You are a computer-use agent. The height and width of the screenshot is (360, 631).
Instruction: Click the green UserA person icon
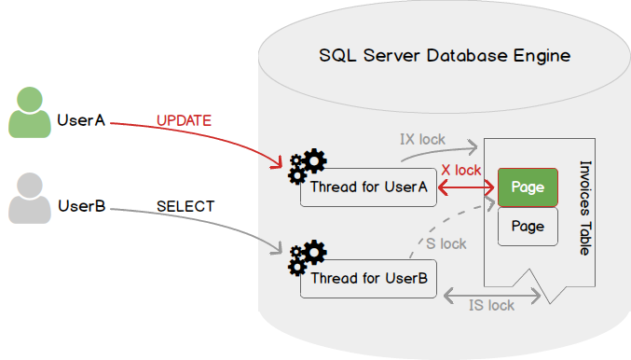click(30, 112)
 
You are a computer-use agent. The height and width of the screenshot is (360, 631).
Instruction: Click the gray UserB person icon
click(30, 198)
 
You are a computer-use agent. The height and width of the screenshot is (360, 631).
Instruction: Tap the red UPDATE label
click(184, 120)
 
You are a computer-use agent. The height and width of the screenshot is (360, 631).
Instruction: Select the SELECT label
click(185, 206)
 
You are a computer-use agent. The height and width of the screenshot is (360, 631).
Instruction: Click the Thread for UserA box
click(368, 187)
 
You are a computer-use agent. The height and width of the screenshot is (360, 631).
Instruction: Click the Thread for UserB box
click(368, 279)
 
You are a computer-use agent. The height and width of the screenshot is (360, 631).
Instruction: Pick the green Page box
click(528, 187)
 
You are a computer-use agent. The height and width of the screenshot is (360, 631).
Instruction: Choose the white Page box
click(528, 227)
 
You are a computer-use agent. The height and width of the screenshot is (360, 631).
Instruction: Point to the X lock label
click(461, 170)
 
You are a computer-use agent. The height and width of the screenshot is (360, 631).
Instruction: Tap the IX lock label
click(422, 139)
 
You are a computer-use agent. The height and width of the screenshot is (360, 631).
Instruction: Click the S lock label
click(446, 243)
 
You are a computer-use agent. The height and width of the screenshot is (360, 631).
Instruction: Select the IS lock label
click(491, 305)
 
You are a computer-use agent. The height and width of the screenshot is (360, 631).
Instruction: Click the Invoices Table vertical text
click(585, 208)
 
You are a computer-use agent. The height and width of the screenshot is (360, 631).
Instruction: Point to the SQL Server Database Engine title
click(445, 56)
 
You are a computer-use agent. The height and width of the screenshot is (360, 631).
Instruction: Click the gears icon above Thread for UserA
click(308, 166)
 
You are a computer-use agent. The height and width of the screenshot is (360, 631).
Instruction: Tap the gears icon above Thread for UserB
click(308, 257)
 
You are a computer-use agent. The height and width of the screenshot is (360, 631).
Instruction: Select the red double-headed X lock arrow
click(466, 187)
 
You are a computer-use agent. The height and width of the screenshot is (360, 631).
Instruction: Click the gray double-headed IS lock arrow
click(492, 296)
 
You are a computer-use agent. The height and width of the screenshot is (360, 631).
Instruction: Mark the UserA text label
click(81, 120)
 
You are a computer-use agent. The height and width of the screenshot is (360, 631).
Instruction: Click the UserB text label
click(82, 206)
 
